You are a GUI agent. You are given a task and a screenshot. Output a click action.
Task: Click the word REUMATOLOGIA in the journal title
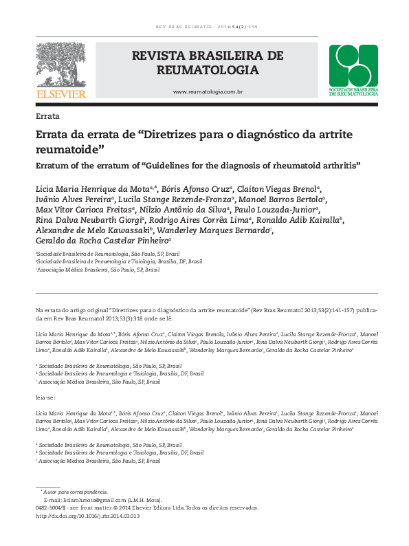click(206, 70)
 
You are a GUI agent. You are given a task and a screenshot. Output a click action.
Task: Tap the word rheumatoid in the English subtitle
click(275, 166)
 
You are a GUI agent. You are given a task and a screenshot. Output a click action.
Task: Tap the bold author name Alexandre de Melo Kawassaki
click(93, 230)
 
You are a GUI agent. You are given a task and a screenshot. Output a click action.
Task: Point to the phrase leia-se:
click(47, 397)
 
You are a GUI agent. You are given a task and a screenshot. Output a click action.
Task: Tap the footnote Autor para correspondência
click(75, 492)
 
